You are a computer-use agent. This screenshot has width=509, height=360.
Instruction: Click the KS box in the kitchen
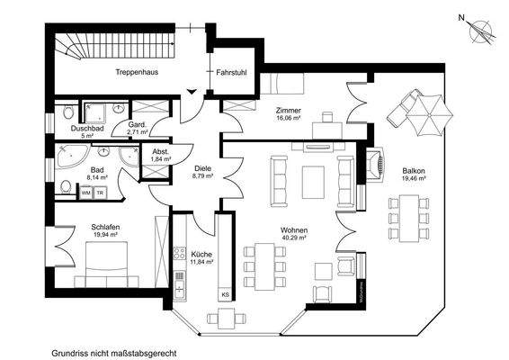224,295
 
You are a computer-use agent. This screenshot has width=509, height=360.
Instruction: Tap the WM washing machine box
85,192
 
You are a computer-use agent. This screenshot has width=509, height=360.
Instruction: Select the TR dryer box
100,192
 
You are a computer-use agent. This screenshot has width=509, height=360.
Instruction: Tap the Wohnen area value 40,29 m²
293,238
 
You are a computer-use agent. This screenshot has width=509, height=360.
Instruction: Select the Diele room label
203,168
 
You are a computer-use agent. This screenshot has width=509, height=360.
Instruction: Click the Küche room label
201,255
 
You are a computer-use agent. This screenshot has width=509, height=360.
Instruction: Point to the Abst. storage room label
161,152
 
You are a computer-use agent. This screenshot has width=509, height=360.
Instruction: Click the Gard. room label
138,124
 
